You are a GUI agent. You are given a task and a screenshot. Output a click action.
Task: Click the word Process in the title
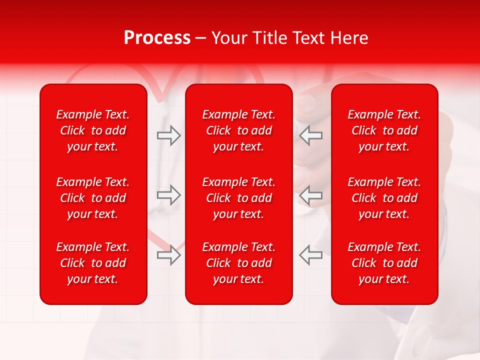coord(157,38)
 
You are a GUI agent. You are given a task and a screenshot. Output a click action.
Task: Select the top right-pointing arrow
coord(168,135)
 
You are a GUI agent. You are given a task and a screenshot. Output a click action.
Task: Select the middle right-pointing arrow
coord(168,194)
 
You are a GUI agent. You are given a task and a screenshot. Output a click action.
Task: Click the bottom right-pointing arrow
coord(168,254)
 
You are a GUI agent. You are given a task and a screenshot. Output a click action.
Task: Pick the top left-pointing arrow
coord(311,135)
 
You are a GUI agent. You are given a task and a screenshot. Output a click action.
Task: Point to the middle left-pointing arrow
coord(311,194)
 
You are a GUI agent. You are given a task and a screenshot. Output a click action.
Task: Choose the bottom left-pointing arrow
coord(311,254)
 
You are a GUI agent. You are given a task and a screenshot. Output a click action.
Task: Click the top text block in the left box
coord(93,130)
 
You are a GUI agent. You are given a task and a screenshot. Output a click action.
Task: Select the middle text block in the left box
coord(93,198)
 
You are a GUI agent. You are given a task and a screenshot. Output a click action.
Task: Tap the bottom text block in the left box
coord(93,263)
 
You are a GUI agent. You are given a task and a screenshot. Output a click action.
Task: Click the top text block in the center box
coord(239,130)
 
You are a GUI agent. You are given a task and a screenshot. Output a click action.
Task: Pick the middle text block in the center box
coord(239,198)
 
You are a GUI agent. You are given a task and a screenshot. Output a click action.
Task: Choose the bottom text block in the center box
coord(239,263)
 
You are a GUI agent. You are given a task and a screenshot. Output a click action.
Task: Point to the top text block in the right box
coord(384,130)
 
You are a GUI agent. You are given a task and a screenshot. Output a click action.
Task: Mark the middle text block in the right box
coord(384,198)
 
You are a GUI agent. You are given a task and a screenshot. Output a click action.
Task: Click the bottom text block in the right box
coord(384,263)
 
